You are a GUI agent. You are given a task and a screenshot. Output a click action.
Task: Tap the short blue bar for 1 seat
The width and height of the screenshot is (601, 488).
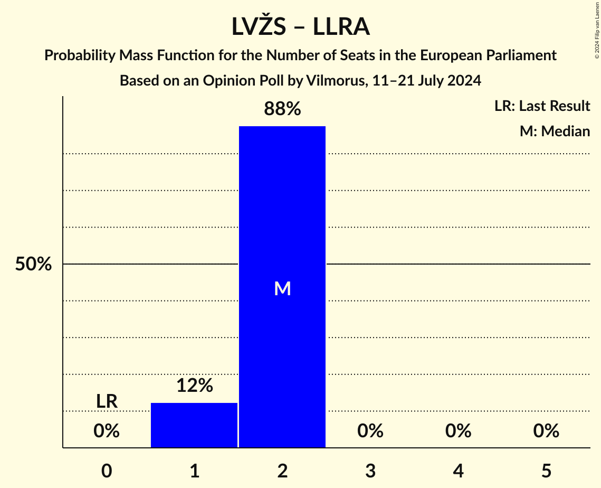[x=194, y=425]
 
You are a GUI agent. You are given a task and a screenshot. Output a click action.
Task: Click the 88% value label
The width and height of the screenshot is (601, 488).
[x=282, y=109]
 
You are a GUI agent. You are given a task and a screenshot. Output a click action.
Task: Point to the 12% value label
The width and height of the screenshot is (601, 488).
[x=194, y=386]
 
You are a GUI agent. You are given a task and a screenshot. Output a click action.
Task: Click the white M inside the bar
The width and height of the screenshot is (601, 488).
[x=282, y=288]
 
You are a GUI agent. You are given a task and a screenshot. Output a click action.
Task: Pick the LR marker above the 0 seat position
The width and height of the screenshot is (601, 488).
[x=107, y=401]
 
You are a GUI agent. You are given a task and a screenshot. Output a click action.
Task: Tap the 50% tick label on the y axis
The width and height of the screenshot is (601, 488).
[x=33, y=264]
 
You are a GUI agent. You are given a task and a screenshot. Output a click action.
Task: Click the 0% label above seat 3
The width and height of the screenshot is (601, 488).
[x=370, y=431]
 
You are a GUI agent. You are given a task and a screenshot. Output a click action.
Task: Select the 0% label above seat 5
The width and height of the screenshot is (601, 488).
[x=546, y=431]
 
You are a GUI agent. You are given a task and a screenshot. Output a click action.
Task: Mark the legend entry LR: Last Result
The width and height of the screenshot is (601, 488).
[x=542, y=106]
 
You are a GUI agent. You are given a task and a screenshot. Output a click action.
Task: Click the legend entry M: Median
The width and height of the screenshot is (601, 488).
[x=555, y=131]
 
